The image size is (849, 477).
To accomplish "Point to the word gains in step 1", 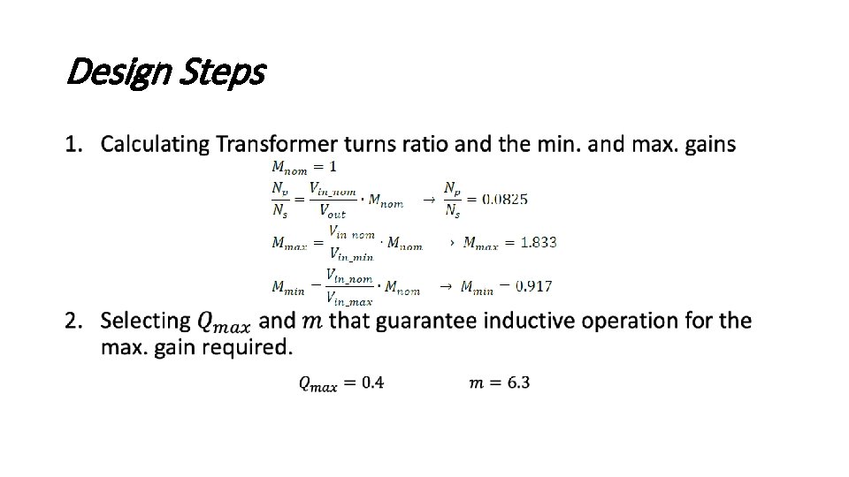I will click(x=708, y=143).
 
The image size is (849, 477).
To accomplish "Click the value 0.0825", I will click(x=504, y=199).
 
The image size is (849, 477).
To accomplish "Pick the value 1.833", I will click(x=538, y=242).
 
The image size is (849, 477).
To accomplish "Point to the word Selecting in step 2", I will click(x=146, y=320).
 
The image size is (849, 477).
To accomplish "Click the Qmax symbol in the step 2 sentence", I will click(x=225, y=322).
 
